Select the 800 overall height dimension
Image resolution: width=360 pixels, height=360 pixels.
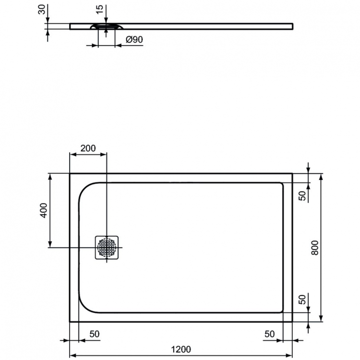(x=314, y=247)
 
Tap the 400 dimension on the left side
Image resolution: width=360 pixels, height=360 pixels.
(x=43, y=210)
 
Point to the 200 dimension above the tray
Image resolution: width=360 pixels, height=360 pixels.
(x=88, y=148)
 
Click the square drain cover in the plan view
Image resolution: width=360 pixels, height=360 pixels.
(x=107, y=247)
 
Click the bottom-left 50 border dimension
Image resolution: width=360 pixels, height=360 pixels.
(x=94, y=333)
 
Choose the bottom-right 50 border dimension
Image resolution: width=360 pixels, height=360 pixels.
(x=269, y=333)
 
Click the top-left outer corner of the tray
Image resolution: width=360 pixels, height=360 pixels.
(x=71, y=174)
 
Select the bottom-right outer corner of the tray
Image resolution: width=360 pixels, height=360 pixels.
(x=292, y=322)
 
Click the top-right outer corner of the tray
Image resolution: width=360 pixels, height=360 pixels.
(x=292, y=174)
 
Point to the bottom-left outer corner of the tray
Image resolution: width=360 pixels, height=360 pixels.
(x=71, y=322)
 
